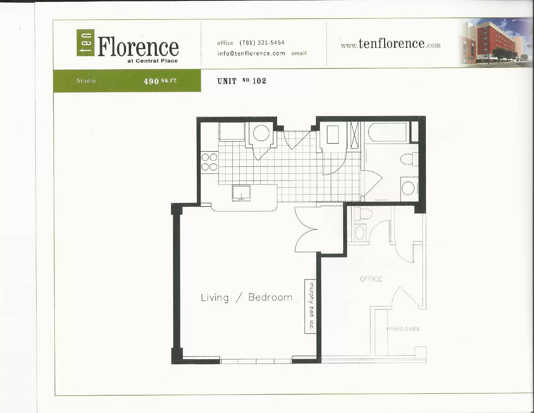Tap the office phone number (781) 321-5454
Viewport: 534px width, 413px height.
tap(262, 42)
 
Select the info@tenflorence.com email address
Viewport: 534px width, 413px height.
tap(251, 53)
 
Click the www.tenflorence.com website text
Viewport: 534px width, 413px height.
tap(390, 44)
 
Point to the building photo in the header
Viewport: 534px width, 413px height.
tap(494, 42)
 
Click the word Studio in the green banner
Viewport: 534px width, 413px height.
tap(86, 81)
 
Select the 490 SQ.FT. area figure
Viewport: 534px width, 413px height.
tap(160, 81)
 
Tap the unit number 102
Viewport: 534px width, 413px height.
tap(259, 81)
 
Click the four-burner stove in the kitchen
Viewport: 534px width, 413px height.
tap(209, 162)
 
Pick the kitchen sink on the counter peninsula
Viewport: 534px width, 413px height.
tap(241, 193)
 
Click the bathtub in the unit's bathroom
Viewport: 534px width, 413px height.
tap(387, 132)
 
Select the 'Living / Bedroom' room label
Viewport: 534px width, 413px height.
tap(247, 297)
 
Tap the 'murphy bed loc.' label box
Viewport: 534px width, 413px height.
tap(310, 306)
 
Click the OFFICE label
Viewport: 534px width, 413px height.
tap(371, 279)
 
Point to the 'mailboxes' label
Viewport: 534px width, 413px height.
tap(403, 328)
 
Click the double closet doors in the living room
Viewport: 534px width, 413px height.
tap(306, 230)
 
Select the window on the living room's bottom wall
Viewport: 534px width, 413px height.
tap(256, 361)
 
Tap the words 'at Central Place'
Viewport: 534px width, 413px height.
tap(153, 61)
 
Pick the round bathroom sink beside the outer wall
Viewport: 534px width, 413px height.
tap(409, 188)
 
